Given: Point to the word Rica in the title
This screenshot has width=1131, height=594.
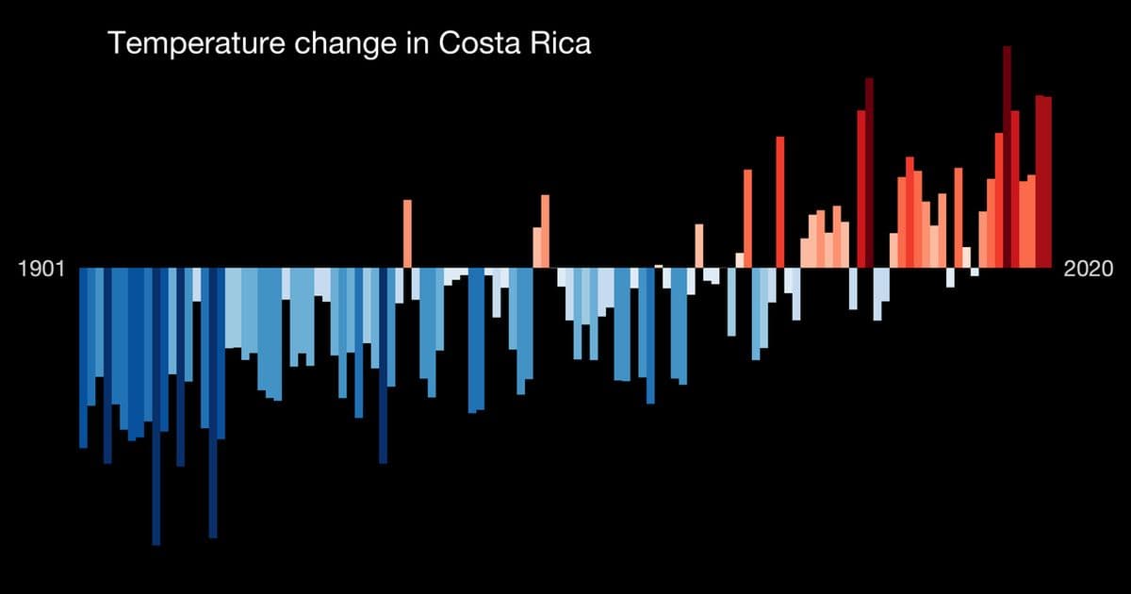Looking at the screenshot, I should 561,44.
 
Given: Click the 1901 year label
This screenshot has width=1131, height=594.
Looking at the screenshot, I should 41,270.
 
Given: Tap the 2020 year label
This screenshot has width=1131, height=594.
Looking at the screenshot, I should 1089,270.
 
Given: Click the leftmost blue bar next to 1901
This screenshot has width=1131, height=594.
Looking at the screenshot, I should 83,358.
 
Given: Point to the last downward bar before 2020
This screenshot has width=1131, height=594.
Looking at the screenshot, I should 975,272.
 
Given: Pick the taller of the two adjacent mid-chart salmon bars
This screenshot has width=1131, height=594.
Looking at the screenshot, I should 545,231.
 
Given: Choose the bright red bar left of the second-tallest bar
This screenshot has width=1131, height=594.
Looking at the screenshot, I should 861,189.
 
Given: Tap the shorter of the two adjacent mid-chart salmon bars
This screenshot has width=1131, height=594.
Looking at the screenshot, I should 536,247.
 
